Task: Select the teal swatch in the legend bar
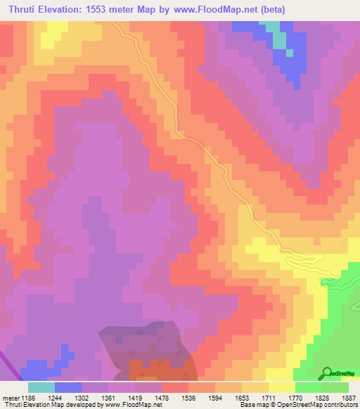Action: pos(41,387)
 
